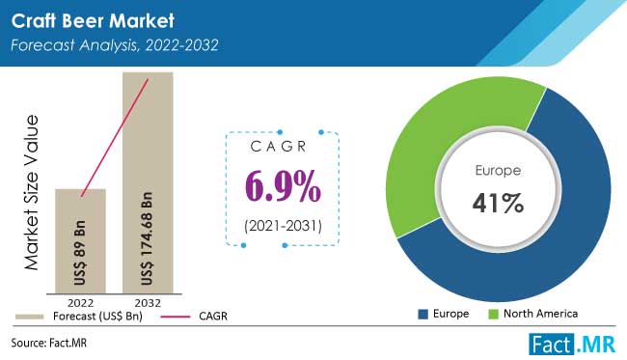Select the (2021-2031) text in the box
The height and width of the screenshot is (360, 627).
click(x=282, y=227)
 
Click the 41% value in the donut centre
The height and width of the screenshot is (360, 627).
click(x=498, y=205)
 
